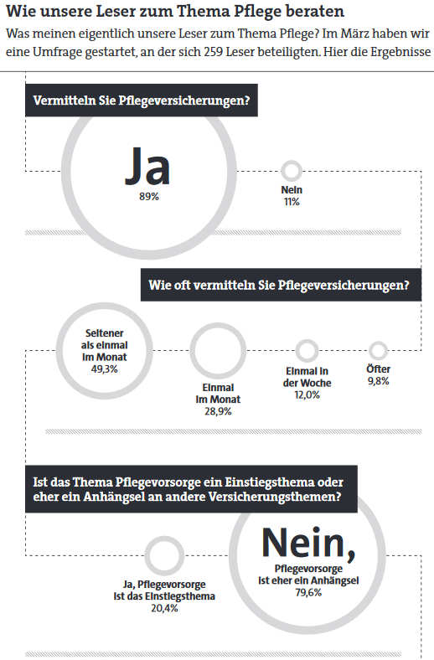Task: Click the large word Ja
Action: coord(147,167)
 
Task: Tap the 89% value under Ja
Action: coord(149,197)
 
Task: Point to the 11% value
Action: coord(292,202)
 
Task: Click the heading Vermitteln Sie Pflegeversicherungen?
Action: coord(142,101)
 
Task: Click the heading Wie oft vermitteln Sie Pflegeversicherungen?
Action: coord(279,285)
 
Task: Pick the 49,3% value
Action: coord(105,369)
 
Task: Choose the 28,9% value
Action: coord(218,411)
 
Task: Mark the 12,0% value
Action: coord(307,394)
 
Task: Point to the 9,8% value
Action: coord(379,381)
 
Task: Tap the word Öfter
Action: coord(379,369)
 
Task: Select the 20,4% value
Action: coord(164,608)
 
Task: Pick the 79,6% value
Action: coord(308,593)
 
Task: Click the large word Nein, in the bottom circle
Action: coord(308,544)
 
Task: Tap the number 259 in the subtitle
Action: coord(214,52)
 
